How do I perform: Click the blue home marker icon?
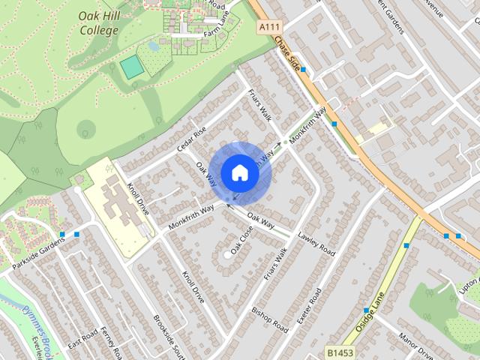239,172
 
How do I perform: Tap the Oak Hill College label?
98,23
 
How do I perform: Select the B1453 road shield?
339,351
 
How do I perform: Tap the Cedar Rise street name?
190,136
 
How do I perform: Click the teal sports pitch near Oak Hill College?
132,66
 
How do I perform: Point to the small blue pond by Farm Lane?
154,45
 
